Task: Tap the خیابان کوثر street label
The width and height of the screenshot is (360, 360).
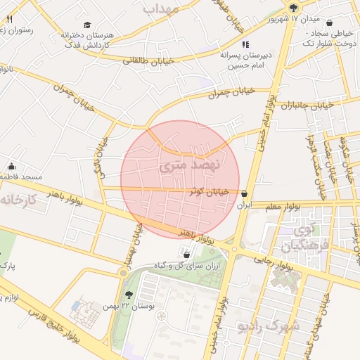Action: pyautogui.click(x=209, y=191)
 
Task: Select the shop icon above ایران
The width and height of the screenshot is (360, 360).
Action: pyautogui.click(x=245, y=194)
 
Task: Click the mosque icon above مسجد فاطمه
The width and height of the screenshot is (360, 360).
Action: pyautogui.click(x=11, y=167)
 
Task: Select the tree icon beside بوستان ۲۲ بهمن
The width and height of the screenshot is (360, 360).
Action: pyautogui.click(x=129, y=295)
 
